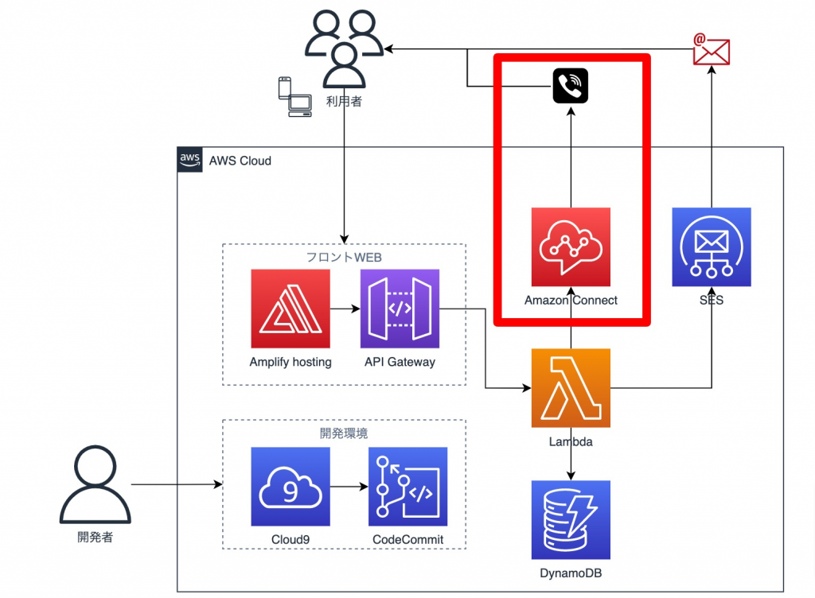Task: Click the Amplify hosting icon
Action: tap(291, 309)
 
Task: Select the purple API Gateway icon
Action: tap(400, 309)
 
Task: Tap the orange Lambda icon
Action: tap(571, 388)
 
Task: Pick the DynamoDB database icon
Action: tap(571, 519)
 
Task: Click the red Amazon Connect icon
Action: tap(571, 247)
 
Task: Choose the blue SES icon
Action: tap(712, 247)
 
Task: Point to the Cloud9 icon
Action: tap(291, 486)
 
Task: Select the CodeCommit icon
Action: tap(407, 486)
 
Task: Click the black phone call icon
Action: tap(571, 86)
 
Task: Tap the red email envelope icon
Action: tap(711, 49)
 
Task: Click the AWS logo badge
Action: tap(189, 160)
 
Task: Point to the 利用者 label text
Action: tap(344, 101)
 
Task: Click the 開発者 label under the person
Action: tap(96, 538)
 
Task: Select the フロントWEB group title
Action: tap(344, 257)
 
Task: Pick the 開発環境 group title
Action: tap(344, 433)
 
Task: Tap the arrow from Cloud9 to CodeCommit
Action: tap(349, 486)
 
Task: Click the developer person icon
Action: tap(96, 484)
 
